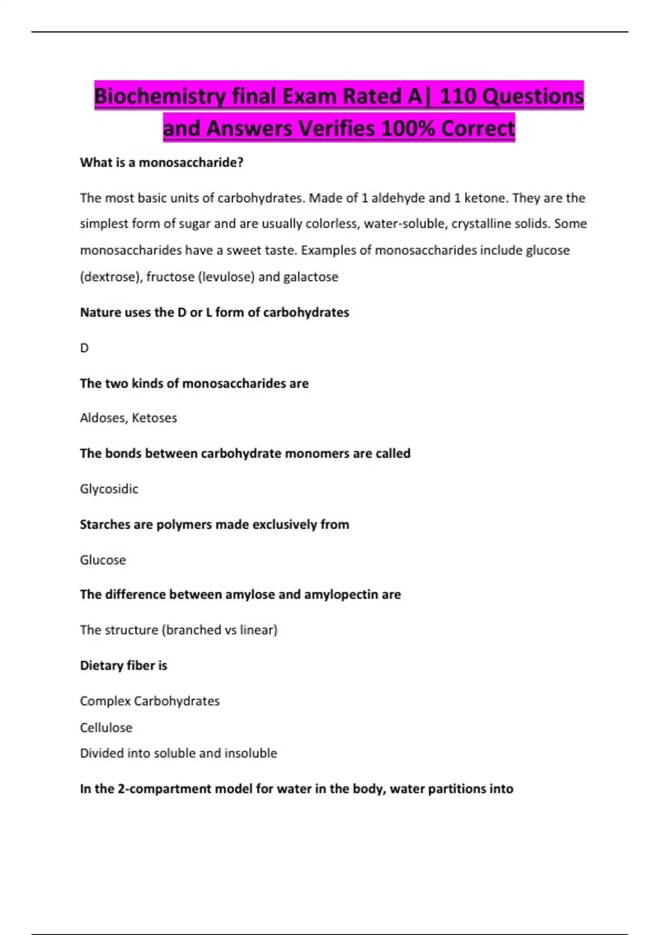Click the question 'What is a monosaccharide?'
(162, 163)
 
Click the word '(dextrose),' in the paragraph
(111, 277)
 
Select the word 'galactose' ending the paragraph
(311, 277)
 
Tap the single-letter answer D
(84, 348)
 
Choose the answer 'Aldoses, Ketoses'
(128, 418)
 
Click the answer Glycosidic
(109, 489)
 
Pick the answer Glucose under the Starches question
(103, 560)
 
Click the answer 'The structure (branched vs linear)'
(179, 630)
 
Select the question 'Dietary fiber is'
(124, 665)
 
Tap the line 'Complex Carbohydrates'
(150, 701)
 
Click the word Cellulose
(106, 728)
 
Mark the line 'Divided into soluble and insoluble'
(179, 754)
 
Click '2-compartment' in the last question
(164, 789)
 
